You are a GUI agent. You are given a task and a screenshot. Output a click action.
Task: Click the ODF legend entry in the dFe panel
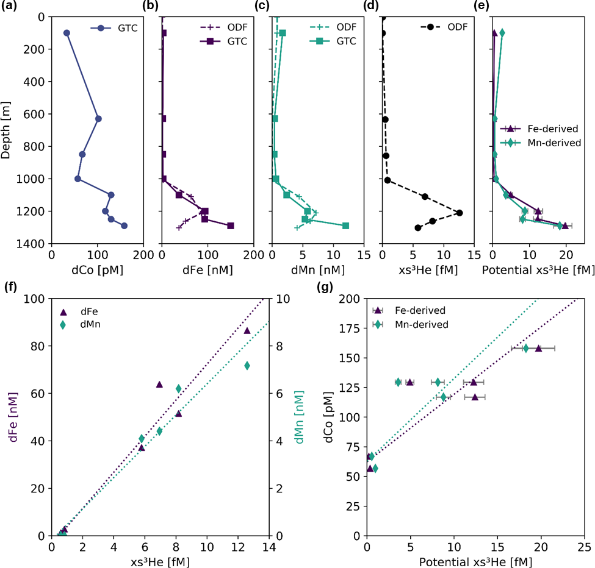(x=225, y=27)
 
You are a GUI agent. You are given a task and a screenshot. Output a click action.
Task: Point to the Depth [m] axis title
(x=6, y=130)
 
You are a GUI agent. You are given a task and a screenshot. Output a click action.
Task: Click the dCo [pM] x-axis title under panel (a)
(x=97, y=267)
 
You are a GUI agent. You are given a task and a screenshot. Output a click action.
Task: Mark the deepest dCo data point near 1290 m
(x=124, y=225)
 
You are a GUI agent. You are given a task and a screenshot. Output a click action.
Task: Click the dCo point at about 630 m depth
(x=98, y=119)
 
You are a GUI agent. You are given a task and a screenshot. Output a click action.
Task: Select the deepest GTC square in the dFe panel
(x=231, y=225)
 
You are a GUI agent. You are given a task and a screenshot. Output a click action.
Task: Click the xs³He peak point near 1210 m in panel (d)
(x=460, y=213)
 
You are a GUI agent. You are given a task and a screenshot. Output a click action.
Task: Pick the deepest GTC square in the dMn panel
(x=345, y=225)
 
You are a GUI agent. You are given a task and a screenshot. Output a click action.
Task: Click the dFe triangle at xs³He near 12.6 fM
(x=247, y=330)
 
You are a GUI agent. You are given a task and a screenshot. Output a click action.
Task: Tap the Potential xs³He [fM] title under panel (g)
(x=475, y=561)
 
